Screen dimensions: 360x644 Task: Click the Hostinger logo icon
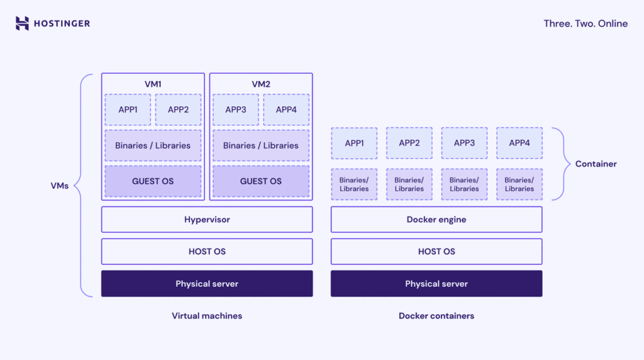pos(22,23)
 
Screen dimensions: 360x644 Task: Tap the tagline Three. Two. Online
pos(586,23)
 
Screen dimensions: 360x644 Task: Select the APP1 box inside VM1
pos(128,110)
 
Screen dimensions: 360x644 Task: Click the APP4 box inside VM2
pos(286,110)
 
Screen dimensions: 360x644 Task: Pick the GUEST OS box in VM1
pos(153,181)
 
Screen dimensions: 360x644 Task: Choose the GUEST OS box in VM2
pos(261,181)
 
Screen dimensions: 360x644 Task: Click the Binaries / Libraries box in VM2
pos(261,145)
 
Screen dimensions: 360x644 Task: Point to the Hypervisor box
pos(207,220)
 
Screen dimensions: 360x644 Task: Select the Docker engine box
pos(436,220)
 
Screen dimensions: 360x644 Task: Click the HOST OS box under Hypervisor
pos(207,251)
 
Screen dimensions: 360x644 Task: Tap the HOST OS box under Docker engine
pos(436,251)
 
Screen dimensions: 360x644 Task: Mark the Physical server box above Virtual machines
pos(207,284)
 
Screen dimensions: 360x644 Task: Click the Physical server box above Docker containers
pos(436,284)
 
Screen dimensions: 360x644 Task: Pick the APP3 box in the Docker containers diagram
pos(464,143)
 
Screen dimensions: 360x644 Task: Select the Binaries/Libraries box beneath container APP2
pos(409,184)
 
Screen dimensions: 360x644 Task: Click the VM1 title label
pos(153,84)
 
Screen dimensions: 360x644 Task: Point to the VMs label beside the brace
pos(60,186)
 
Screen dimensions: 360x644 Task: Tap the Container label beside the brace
pos(596,164)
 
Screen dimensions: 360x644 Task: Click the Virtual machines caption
pos(207,316)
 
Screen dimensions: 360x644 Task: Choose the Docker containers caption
pos(436,316)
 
